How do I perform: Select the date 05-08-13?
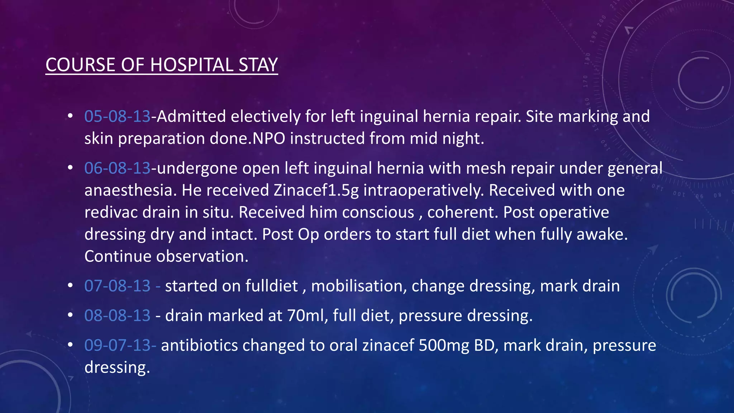[x=117, y=117]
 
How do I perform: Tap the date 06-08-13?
[x=117, y=168]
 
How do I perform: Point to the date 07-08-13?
[x=117, y=286]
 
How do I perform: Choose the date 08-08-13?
[x=117, y=315]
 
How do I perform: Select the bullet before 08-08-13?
[x=70, y=315]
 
